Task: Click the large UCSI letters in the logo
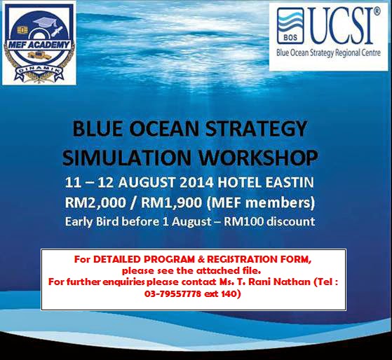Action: (x=344, y=28)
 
